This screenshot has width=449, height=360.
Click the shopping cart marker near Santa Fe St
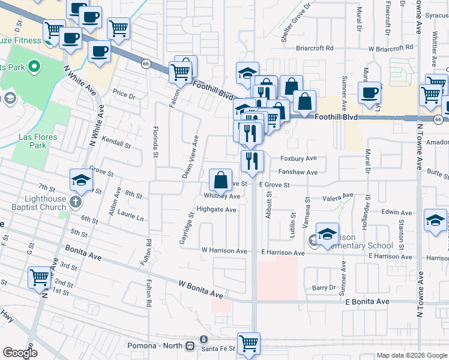pyautogui.click(x=249, y=344)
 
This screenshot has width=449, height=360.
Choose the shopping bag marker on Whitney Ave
pyautogui.click(x=221, y=179)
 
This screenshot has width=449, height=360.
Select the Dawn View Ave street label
pyautogui.click(x=191, y=157)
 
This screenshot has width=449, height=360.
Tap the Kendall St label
pyautogui.click(x=116, y=144)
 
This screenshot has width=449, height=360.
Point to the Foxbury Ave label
pyautogui.click(x=299, y=160)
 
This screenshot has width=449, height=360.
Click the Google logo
pyautogui.click(x=20, y=352)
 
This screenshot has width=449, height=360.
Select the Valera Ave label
pyautogui.click(x=337, y=197)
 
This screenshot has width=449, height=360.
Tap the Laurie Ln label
pyautogui.click(x=130, y=217)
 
